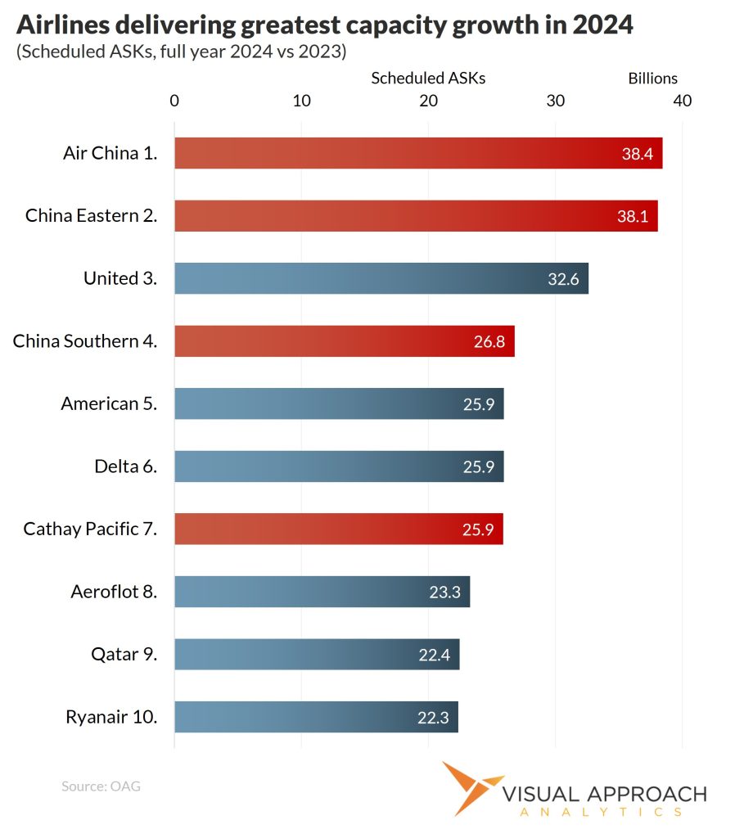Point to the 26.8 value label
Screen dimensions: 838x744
tap(489, 341)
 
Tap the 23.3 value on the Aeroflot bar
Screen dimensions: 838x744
tap(444, 592)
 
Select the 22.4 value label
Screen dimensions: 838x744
tap(434, 655)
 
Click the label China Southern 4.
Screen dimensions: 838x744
tap(85, 341)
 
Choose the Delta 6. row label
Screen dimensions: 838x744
tap(125, 466)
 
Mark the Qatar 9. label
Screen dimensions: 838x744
tap(124, 655)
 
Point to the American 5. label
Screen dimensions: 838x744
tap(109, 403)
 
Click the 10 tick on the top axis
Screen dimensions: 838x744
tap(301, 101)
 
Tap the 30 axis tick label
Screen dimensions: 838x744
tap(556, 101)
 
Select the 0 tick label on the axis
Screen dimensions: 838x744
tap(174, 101)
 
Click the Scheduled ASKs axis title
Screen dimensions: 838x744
tap(428, 79)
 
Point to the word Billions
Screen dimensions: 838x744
tap(652, 79)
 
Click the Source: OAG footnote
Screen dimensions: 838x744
tap(101, 786)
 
